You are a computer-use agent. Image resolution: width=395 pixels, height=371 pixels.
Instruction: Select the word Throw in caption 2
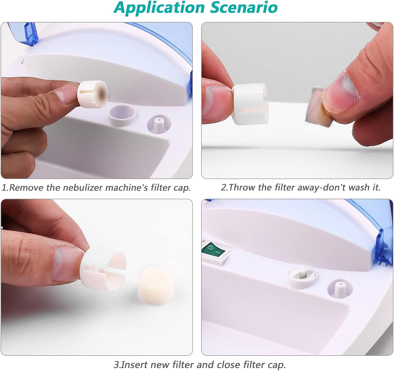[242, 188]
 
